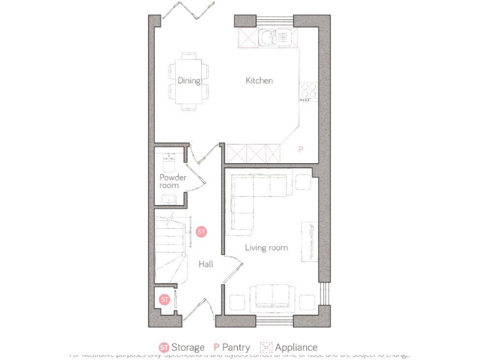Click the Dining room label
click(x=188, y=81)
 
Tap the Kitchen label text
click(x=259, y=81)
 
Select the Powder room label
click(x=172, y=181)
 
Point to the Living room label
click(x=266, y=248)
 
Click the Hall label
click(x=206, y=264)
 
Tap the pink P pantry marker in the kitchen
click(x=300, y=150)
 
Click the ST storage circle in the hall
click(x=201, y=231)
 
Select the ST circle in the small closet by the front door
click(x=164, y=300)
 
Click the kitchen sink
click(x=274, y=37)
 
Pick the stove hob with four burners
click(x=308, y=91)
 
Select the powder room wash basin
click(x=167, y=199)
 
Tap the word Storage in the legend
click(x=188, y=347)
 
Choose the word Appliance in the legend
click(x=296, y=347)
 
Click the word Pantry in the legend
click(x=236, y=347)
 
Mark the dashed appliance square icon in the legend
click(x=266, y=347)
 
